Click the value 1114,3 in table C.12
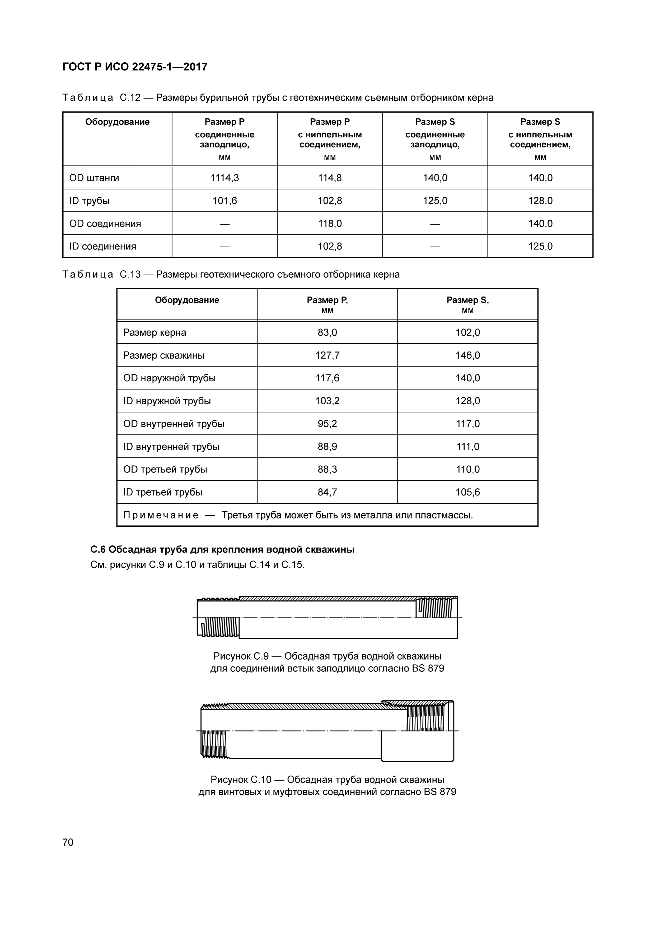224,178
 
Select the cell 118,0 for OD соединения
330,224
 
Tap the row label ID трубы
89,201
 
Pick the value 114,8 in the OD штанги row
330,178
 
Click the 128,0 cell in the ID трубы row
540,201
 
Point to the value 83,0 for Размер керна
327,333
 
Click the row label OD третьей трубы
165,470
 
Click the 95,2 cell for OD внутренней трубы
327,424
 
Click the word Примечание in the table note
161,515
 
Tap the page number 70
68,842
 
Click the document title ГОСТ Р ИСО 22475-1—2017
135,67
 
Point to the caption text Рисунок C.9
241,656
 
